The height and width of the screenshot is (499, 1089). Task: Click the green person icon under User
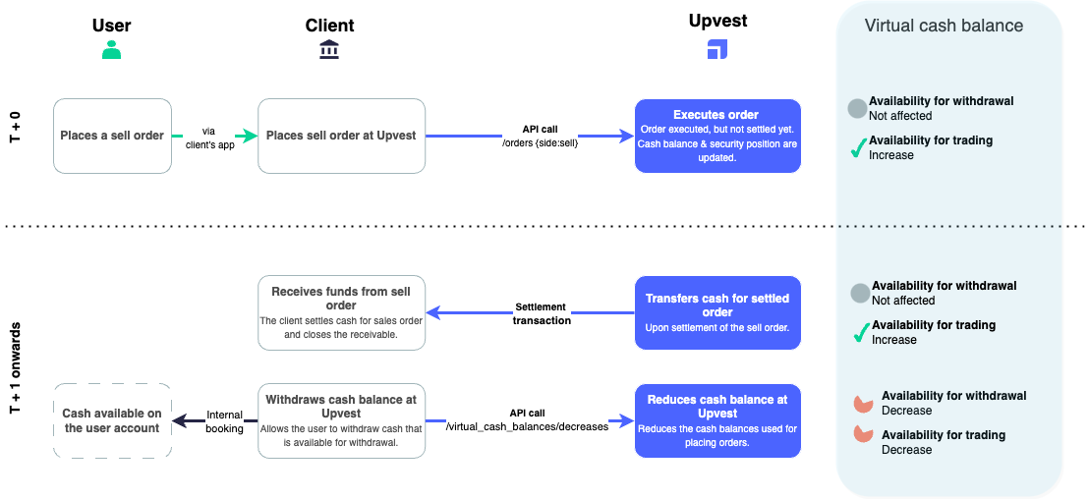click(x=112, y=49)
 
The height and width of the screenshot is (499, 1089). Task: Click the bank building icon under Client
click(x=329, y=49)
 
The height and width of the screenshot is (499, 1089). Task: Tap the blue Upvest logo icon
click(x=717, y=49)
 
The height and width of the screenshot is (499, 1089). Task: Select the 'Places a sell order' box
click(x=112, y=136)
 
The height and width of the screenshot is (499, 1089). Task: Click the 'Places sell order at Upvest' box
click(x=341, y=136)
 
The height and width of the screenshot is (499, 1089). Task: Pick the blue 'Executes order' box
click(x=716, y=136)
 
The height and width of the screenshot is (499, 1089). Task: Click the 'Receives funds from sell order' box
click(x=341, y=312)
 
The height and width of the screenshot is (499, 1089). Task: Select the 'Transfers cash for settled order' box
click(x=716, y=312)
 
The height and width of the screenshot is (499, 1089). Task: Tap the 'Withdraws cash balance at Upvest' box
click(x=341, y=420)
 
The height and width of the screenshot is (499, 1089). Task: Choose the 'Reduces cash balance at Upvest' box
click(x=716, y=420)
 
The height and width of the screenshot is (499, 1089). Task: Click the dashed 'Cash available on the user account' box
click(x=112, y=420)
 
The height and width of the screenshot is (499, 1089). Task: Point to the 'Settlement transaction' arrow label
click(x=541, y=313)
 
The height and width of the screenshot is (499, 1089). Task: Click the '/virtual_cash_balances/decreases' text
click(x=527, y=426)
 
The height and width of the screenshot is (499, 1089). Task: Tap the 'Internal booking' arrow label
click(x=224, y=421)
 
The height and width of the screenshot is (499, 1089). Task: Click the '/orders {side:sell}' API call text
click(x=542, y=142)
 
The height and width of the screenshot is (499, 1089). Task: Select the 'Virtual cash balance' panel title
click(x=944, y=27)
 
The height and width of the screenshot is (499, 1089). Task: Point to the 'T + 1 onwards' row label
click(x=16, y=365)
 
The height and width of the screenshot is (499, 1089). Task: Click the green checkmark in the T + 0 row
click(x=857, y=148)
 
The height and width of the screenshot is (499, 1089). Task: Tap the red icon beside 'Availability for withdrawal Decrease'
click(x=863, y=403)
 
